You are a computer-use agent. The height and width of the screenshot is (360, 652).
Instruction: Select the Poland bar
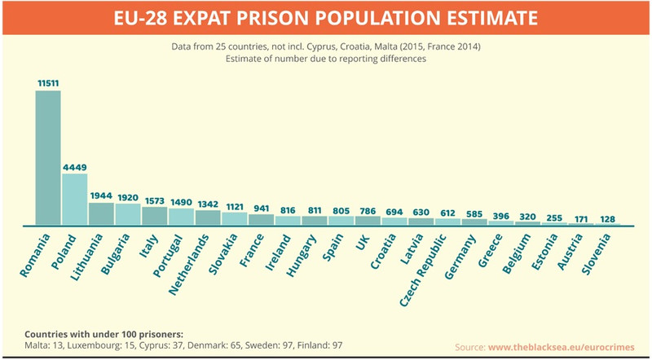pyautogui.click(x=74, y=199)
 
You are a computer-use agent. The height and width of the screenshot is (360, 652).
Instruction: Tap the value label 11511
pyautogui.click(x=48, y=83)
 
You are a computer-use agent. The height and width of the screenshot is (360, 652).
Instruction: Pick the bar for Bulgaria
pyautogui.click(x=128, y=213)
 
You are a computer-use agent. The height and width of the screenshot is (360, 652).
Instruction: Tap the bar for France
pyautogui.click(x=261, y=219)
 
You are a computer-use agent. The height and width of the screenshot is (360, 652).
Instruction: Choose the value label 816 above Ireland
pyautogui.click(x=288, y=209)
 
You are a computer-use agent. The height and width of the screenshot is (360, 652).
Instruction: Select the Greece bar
pyautogui.click(x=501, y=222)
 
